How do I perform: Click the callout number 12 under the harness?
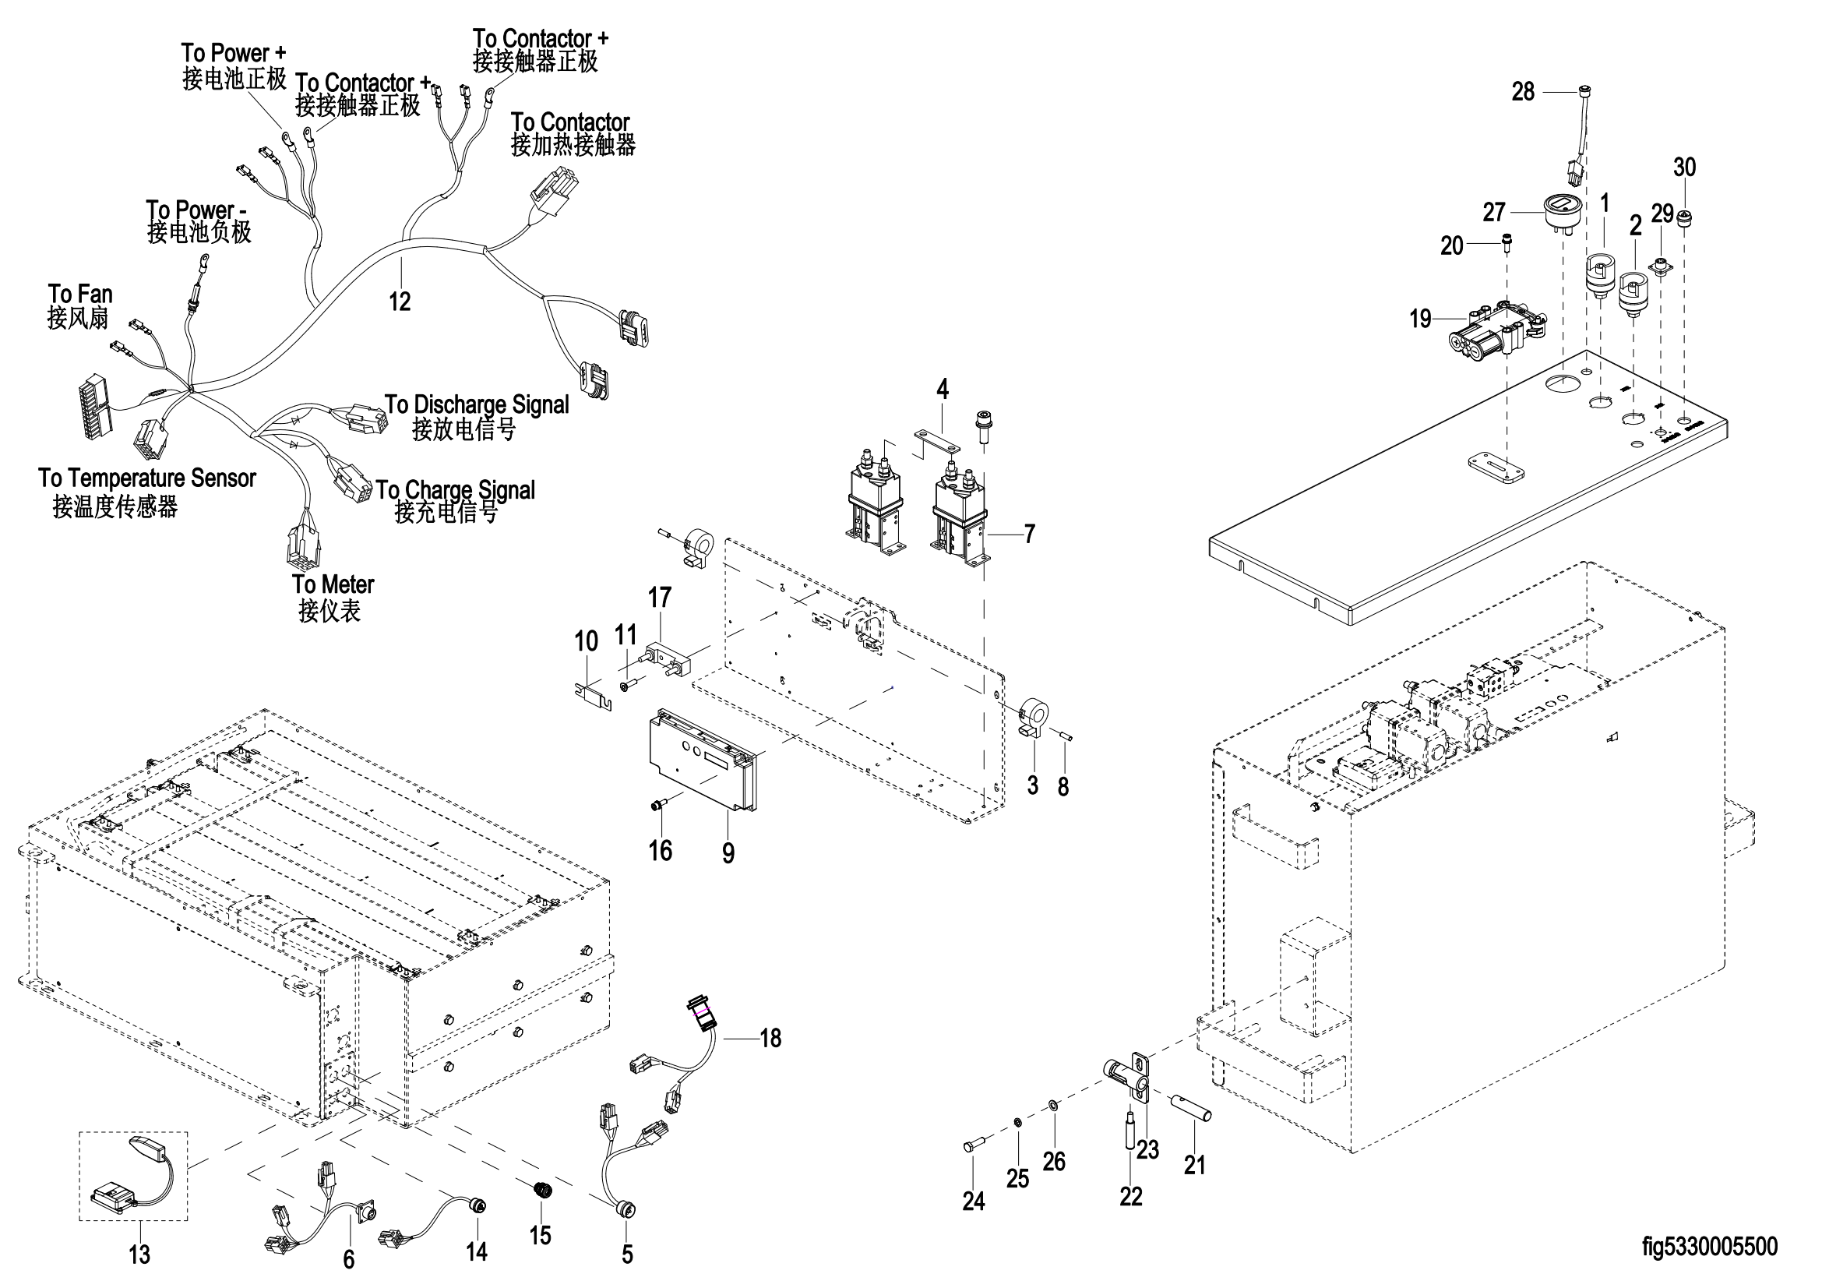[399, 302]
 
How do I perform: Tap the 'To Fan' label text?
[79, 295]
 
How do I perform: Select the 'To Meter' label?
[333, 585]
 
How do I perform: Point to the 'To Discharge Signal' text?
[476, 404]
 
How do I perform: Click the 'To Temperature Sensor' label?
[146, 478]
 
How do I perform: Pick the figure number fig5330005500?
[1709, 1247]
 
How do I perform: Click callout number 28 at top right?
[1523, 92]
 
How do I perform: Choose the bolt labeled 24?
[974, 1146]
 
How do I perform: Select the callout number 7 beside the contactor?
[1029, 534]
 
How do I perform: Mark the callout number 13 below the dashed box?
[139, 1254]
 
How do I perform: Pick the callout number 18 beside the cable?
[770, 1038]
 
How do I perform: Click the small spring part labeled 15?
[541, 1190]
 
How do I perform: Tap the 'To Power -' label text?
[196, 210]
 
